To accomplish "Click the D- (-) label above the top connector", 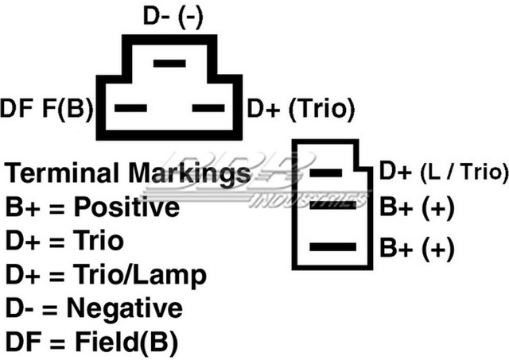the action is tap(173, 17).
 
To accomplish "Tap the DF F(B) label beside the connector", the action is tap(47, 108).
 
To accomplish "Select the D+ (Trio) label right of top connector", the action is tap(301, 109).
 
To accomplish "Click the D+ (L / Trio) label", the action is tap(444, 171).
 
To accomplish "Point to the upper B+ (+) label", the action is tap(417, 208).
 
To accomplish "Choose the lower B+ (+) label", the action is tap(417, 248).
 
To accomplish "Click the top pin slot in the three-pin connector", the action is tap(169, 64).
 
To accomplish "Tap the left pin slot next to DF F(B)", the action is tap(130, 108).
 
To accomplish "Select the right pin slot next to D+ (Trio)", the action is tap(208, 108).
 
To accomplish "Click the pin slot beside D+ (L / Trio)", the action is tap(325, 173).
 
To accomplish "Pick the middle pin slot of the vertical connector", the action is tap(332, 205).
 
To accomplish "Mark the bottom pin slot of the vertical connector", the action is tap(332, 247).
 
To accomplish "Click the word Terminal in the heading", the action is tap(64, 173).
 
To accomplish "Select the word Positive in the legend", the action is tap(126, 207).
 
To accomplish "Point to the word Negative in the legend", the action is tap(125, 309).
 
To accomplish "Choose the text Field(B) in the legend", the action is tap(126, 343).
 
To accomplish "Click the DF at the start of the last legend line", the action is tap(24, 343).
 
